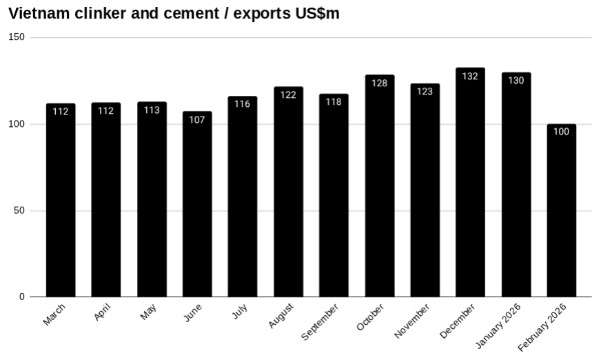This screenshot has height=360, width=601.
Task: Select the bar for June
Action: tap(197, 207)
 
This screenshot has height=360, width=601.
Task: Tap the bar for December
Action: tap(470, 186)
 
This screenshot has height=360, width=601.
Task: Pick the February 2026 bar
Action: tap(561, 214)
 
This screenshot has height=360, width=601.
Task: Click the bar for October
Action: tap(379, 190)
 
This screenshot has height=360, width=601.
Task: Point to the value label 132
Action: tap(470, 77)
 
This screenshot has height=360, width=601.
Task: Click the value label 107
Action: tap(197, 120)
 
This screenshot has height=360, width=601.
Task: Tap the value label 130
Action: tap(516, 81)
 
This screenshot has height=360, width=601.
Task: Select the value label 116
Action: tap(242, 104)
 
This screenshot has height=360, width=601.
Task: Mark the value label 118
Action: tap(334, 102)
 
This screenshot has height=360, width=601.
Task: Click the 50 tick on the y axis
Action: tap(20, 210)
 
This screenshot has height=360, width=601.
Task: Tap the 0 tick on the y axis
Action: tap(23, 297)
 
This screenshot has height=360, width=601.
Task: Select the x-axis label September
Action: tap(320, 321)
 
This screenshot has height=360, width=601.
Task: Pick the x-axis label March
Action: tap(54, 314)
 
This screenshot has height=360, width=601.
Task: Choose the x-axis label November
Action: tap(412, 321)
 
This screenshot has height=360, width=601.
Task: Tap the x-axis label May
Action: tap(148, 312)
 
